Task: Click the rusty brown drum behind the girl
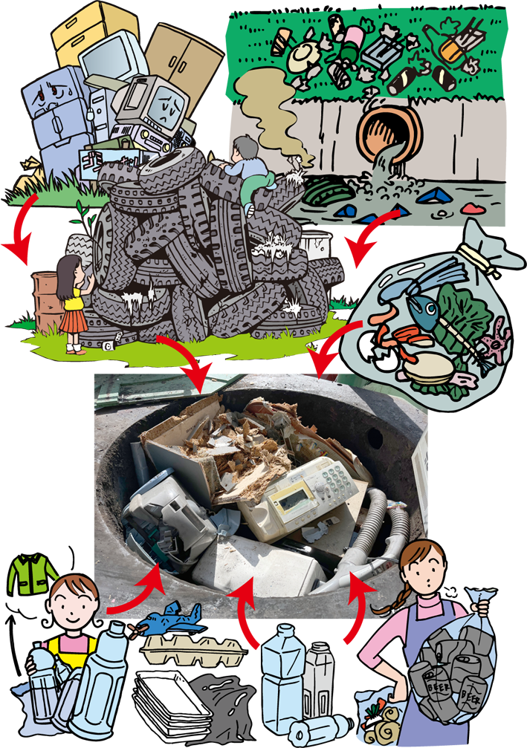46,301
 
